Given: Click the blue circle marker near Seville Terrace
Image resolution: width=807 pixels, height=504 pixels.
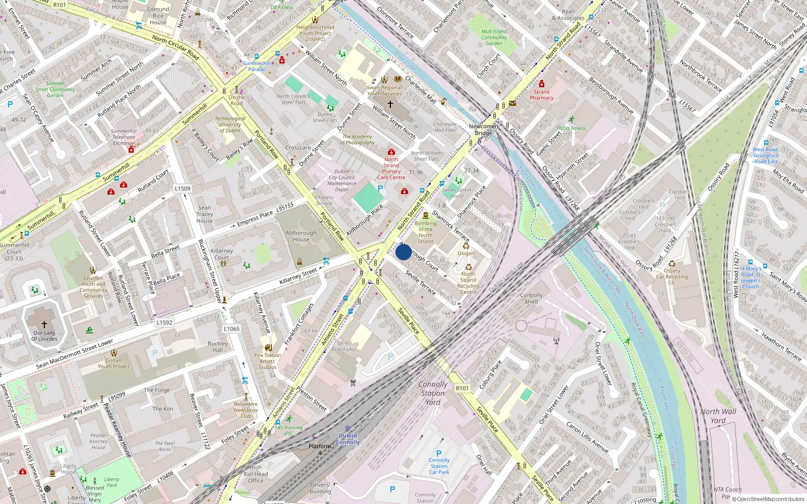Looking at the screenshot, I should [x=403, y=252].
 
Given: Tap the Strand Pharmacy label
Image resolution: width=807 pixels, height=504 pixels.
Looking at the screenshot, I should [x=541, y=95].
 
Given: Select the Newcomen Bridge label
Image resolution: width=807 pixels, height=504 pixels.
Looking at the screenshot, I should [x=483, y=130].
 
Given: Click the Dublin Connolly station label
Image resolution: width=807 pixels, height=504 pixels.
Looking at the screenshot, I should [x=348, y=439].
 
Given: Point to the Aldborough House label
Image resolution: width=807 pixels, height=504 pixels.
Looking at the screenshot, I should [x=301, y=236].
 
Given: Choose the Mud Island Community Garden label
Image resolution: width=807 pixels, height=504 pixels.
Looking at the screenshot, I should [x=494, y=37].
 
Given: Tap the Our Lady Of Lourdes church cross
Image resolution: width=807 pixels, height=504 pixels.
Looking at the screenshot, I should [x=44, y=325].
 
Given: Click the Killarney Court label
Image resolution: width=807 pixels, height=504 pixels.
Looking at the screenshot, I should [x=222, y=254].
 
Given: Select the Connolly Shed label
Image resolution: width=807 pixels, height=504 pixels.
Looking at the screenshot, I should [x=532, y=298].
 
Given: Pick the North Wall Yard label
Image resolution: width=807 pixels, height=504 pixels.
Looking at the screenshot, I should [x=718, y=416].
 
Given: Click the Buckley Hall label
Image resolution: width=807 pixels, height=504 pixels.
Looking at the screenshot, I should [x=218, y=347].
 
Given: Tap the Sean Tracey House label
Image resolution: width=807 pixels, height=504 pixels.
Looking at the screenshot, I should [x=205, y=214].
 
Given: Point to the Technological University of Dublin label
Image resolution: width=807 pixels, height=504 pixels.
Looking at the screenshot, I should [x=230, y=124].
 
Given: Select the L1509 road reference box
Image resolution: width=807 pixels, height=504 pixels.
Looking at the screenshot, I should [x=183, y=189].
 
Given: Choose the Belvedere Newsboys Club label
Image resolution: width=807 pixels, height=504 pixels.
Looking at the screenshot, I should [x=246, y=410].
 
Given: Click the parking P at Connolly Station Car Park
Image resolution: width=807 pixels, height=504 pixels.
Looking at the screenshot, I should [x=439, y=453].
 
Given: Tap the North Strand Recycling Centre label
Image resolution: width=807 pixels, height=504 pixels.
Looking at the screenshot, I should [x=468, y=283].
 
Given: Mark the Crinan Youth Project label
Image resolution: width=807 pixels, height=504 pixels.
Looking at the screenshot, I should [x=113, y=363].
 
